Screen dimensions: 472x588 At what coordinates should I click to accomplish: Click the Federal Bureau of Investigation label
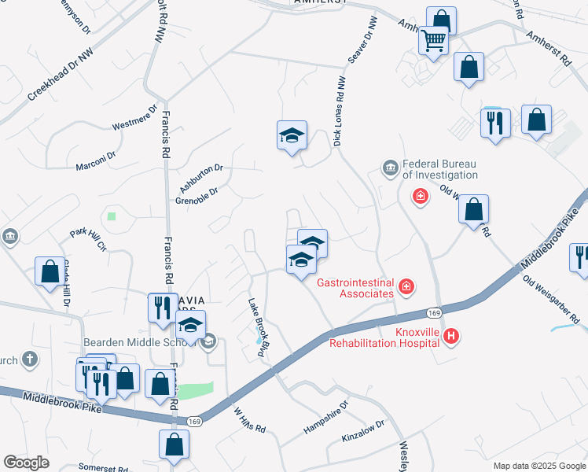click(439, 170)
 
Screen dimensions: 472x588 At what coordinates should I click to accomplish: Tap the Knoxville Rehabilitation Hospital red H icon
click(450, 337)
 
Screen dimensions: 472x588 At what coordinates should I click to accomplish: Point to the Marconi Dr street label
click(95, 155)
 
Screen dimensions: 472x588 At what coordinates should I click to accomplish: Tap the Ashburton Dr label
click(201, 176)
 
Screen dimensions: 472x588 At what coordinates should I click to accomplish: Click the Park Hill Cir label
click(88, 239)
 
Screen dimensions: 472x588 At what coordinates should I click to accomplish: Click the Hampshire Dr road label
click(325, 422)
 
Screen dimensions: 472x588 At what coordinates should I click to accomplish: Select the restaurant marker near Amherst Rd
click(495, 123)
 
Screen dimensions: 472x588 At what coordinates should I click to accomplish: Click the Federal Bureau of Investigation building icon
click(390, 168)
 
